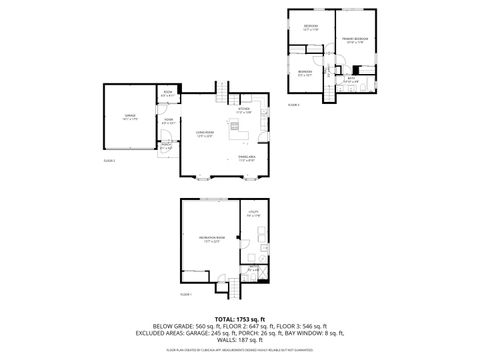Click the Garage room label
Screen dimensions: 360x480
pos(130,117)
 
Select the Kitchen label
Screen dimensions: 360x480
pos(244,111)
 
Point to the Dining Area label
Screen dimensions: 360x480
pos(246,159)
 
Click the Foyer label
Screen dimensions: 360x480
pos(169,123)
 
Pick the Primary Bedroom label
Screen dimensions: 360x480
pos(357,40)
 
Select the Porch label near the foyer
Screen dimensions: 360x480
pos(167,147)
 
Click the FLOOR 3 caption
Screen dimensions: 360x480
pos(294,103)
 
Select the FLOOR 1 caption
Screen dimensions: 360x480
pos(186,294)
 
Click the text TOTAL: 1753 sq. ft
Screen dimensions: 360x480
pos(239,317)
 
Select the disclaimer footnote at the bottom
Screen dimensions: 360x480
pos(239,351)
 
